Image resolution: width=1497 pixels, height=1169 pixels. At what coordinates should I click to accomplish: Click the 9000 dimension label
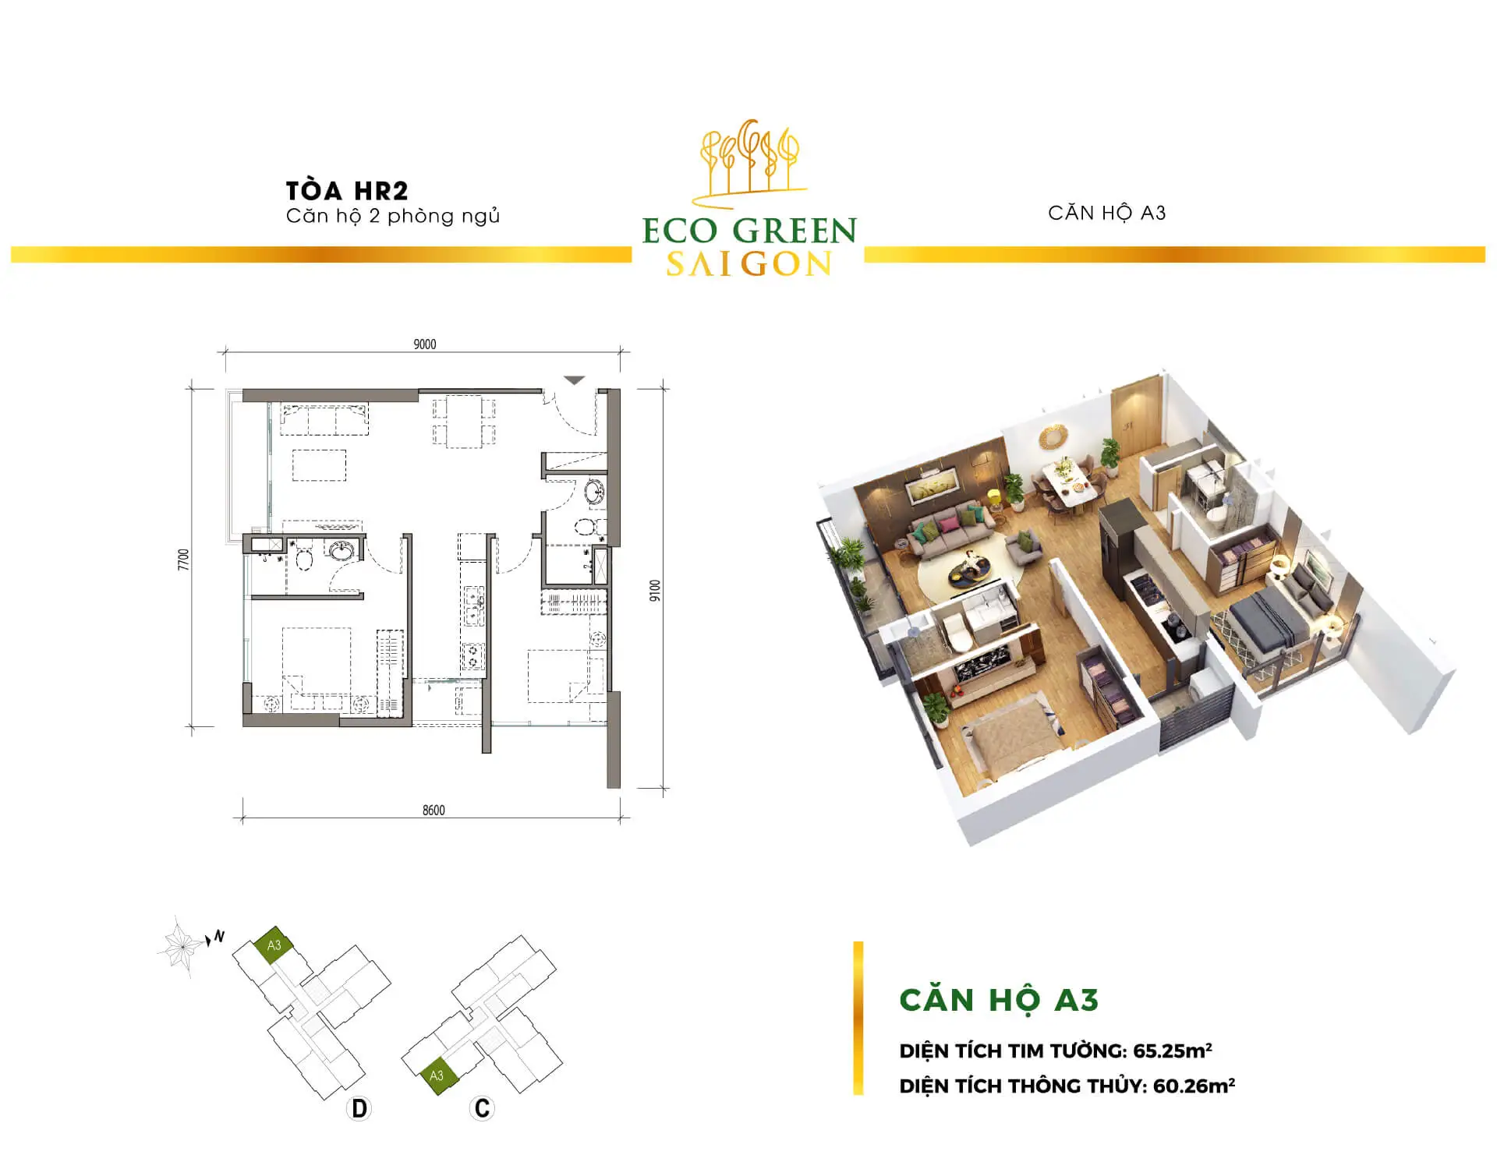[425, 344]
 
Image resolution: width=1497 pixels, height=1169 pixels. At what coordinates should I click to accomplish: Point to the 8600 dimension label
[434, 811]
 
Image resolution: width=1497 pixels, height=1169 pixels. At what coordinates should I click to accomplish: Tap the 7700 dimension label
[184, 560]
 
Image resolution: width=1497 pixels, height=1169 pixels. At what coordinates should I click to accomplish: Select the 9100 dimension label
[655, 591]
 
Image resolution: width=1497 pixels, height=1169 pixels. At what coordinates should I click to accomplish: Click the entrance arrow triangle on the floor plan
[575, 380]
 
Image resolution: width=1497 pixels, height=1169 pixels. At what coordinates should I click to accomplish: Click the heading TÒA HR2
[347, 190]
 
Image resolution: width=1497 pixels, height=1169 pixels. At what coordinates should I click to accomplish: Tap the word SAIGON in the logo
[749, 264]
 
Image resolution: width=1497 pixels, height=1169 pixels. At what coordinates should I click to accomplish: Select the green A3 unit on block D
[273, 946]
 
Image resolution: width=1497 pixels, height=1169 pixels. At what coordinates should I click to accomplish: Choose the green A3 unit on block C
[437, 1076]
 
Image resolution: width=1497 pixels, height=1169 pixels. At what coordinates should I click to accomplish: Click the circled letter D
[359, 1108]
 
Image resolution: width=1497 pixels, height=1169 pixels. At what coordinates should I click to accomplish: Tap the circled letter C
[483, 1108]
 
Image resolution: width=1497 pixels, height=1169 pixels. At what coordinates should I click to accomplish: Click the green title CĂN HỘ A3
[999, 1000]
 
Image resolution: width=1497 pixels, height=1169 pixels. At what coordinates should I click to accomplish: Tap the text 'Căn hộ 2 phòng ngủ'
[393, 216]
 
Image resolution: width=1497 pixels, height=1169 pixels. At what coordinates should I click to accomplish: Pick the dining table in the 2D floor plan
[464, 422]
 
